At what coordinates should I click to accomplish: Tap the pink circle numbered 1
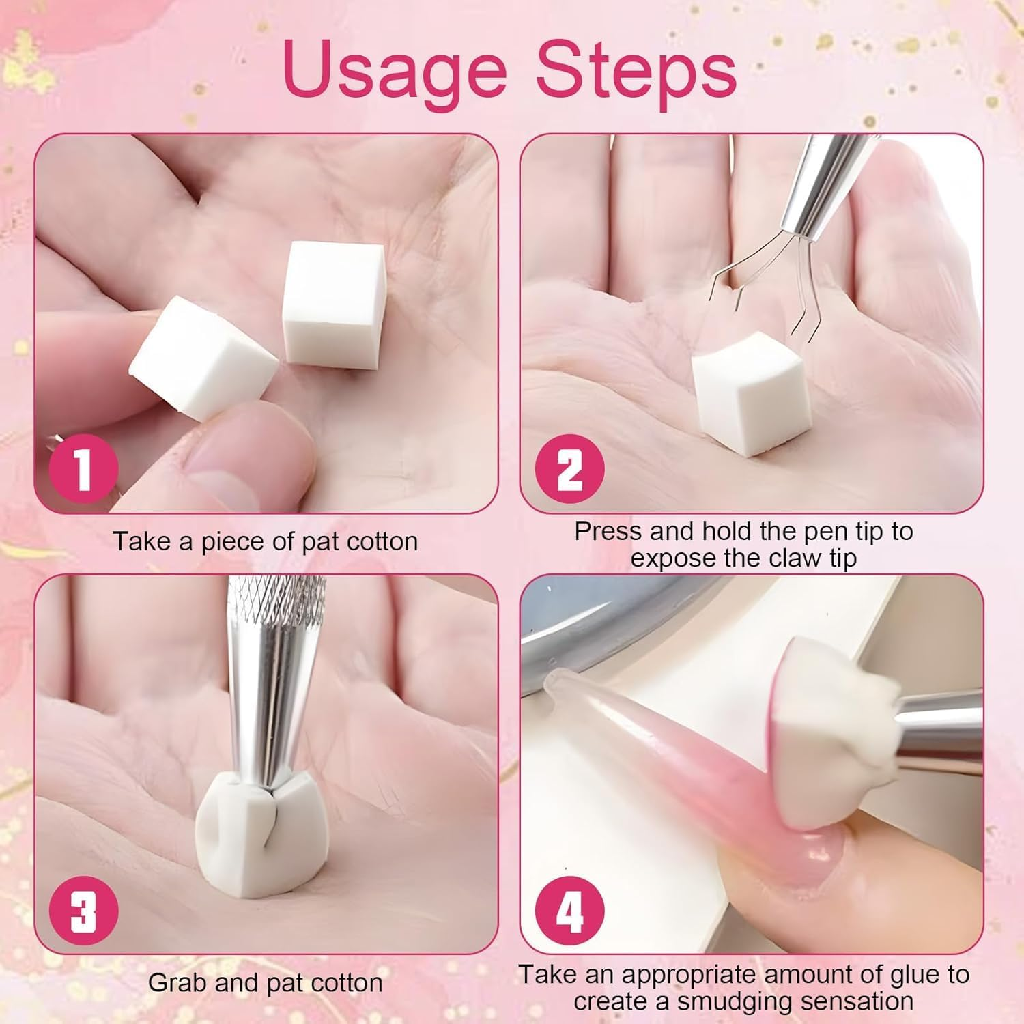(x=83, y=468)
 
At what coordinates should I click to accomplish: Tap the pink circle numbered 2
(x=569, y=468)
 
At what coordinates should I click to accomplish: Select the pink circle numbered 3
(x=83, y=911)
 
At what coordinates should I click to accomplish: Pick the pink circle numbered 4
(x=569, y=911)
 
